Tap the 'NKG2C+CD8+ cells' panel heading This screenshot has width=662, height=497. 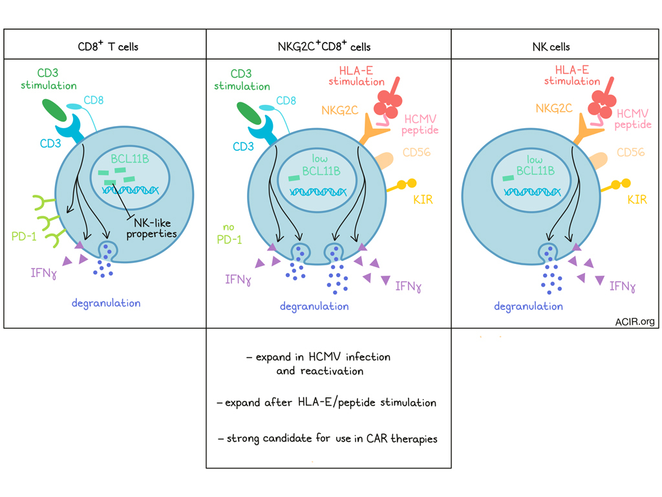[x=328, y=46]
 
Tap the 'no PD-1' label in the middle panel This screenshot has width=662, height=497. [x=231, y=234]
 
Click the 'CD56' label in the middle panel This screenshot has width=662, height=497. [x=417, y=153]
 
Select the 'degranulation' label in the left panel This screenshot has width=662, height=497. [x=106, y=303]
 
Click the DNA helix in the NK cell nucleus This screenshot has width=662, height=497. [x=528, y=192]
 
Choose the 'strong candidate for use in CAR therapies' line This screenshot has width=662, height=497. [x=328, y=439]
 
